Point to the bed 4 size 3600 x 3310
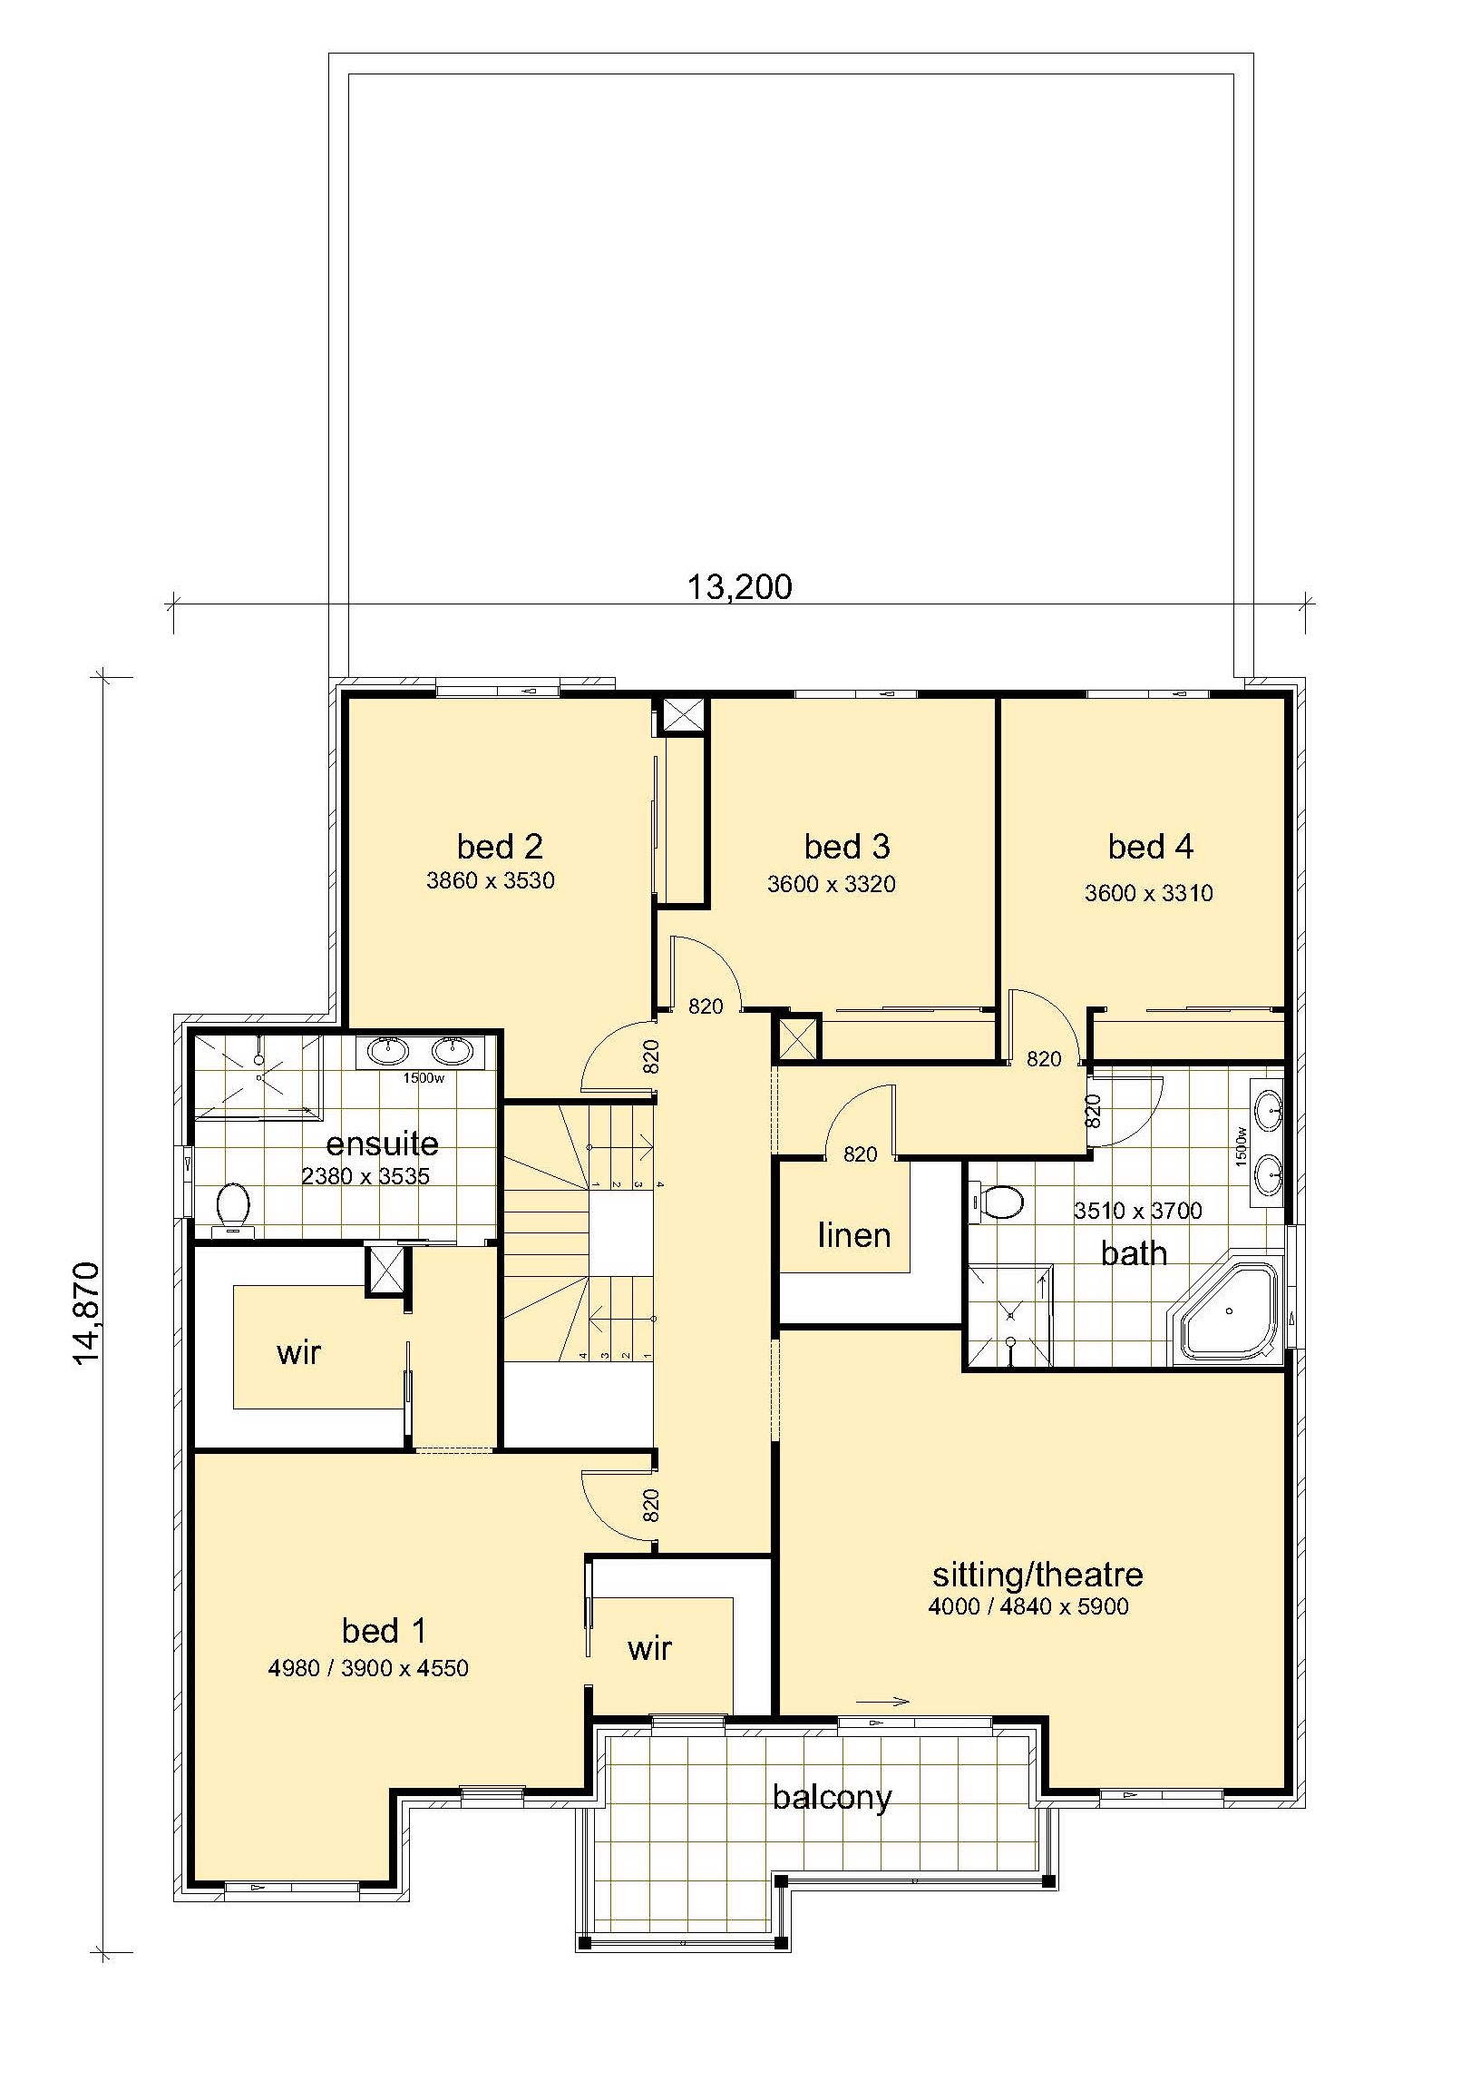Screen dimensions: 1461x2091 click(x=1148, y=893)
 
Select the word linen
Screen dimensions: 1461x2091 click(x=854, y=1236)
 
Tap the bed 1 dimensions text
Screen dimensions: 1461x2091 click(x=368, y=1668)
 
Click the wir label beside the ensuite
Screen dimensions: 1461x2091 click(x=298, y=1352)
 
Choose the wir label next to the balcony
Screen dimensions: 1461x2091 click(x=650, y=1647)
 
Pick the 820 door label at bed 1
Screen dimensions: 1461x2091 click(x=650, y=1506)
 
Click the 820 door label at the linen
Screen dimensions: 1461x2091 click(x=861, y=1154)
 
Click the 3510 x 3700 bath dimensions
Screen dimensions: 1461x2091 click(x=1138, y=1211)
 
